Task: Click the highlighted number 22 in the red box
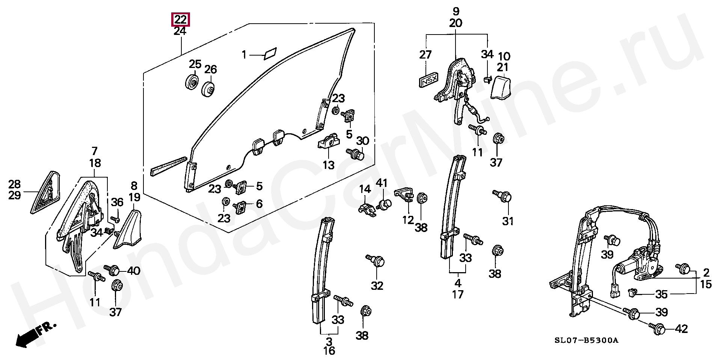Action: coord(180,20)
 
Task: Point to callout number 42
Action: coord(681,329)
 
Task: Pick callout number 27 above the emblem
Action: coord(425,55)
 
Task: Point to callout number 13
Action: coord(329,165)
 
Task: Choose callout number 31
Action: coord(508,221)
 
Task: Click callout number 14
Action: coord(365,190)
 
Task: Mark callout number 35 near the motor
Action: coord(662,294)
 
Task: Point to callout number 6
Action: coord(259,204)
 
